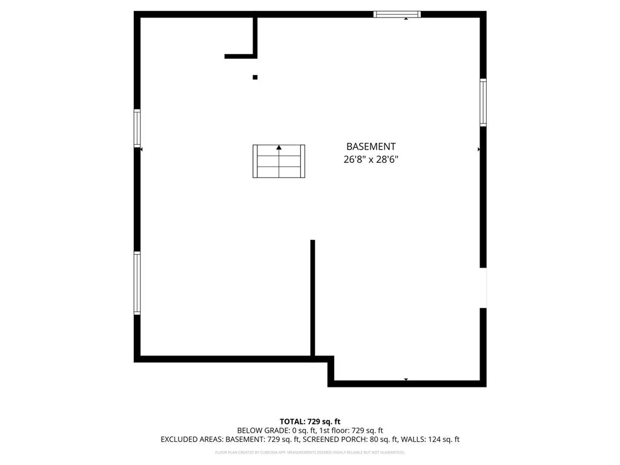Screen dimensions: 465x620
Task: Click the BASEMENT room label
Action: (x=371, y=147)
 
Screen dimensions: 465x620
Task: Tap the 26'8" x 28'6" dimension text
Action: (x=371, y=160)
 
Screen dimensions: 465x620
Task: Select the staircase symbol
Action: (x=279, y=162)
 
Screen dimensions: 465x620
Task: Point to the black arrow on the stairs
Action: (x=279, y=147)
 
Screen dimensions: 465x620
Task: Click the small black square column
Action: (x=255, y=77)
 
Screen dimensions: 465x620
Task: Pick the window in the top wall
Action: (x=397, y=14)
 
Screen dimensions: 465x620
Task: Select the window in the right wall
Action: (x=483, y=102)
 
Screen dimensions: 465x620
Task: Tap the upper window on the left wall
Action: (x=137, y=128)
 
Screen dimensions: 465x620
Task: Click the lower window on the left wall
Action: (x=137, y=283)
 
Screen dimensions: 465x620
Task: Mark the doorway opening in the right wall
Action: (x=483, y=288)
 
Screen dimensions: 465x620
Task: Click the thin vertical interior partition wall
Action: (x=312, y=298)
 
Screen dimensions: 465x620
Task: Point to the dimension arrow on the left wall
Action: (x=142, y=148)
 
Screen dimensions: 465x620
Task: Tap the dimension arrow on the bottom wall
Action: (x=406, y=380)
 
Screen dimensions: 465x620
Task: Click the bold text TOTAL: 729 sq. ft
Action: (x=310, y=421)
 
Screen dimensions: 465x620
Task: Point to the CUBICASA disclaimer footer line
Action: (x=310, y=452)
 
